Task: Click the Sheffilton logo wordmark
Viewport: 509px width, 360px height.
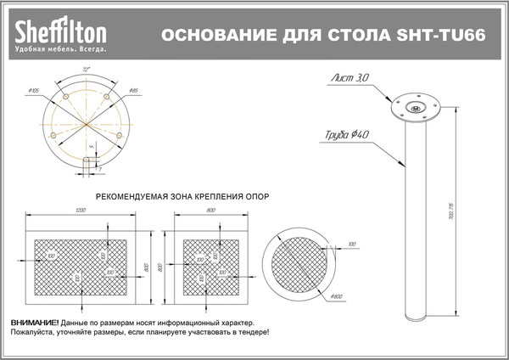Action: pos(59,33)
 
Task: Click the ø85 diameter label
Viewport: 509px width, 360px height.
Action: pos(133,89)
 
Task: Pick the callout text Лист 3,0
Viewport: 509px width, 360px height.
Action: pos(350,77)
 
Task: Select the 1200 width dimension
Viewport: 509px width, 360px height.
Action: pos(81,209)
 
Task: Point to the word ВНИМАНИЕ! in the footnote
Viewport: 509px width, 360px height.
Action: pos(35,324)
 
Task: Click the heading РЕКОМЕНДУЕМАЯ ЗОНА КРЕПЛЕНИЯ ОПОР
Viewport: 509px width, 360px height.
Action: pos(182,195)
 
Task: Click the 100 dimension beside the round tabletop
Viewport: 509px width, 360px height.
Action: pos(351,243)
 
